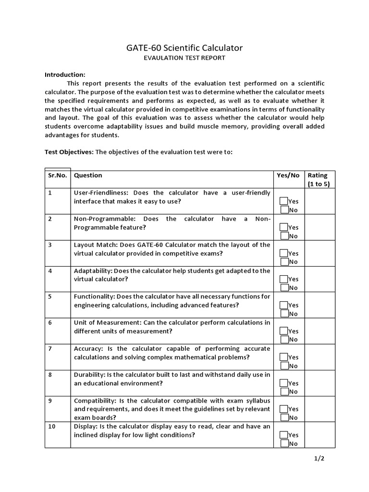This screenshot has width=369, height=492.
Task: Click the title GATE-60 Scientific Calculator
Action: click(x=184, y=48)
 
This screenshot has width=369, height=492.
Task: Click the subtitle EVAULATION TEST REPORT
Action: click(x=184, y=58)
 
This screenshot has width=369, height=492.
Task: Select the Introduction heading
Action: click(x=65, y=74)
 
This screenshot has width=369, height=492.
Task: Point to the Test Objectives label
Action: click(x=69, y=152)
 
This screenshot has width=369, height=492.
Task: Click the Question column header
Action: click(x=88, y=175)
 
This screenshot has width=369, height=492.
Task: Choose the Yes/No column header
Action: click(x=288, y=175)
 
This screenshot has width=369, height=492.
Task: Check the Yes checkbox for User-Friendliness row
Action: click(x=284, y=201)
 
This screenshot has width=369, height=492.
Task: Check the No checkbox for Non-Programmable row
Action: click(x=284, y=236)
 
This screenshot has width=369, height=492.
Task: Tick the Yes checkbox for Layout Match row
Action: click(x=284, y=253)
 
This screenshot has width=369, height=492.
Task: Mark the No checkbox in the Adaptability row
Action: click(x=284, y=288)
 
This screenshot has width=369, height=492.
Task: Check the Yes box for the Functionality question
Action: click(x=284, y=305)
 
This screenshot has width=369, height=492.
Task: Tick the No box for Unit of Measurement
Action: click(x=284, y=340)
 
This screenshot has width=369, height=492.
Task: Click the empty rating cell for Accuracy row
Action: click(x=320, y=357)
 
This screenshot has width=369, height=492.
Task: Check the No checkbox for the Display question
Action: click(x=284, y=443)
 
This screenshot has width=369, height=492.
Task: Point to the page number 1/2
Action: click(x=320, y=458)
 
